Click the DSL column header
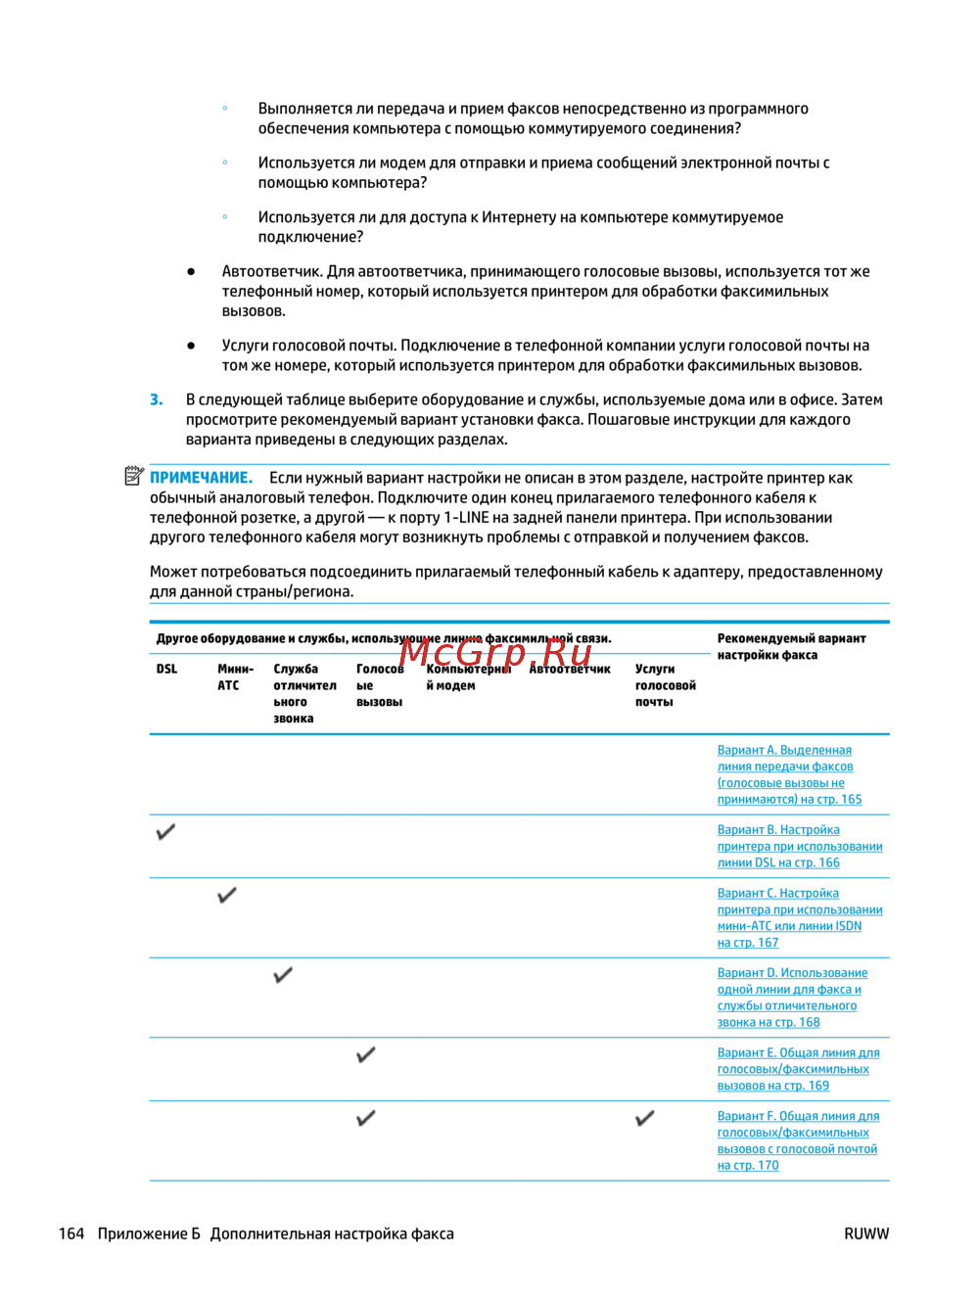click(166, 670)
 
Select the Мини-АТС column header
click(235, 677)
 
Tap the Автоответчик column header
click(571, 670)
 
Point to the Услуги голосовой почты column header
click(665, 685)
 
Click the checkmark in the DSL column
click(166, 832)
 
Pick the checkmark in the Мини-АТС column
click(227, 895)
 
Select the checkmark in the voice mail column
click(645, 1118)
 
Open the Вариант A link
click(789, 774)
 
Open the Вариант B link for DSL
click(799, 846)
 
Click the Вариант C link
click(799, 917)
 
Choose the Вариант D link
click(792, 997)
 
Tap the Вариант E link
click(798, 1069)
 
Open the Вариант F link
click(798, 1140)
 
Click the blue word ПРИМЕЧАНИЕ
click(201, 478)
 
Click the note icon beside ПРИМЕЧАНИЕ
click(134, 477)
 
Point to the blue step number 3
click(157, 399)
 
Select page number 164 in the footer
click(71, 1233)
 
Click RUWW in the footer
click(866, 1233)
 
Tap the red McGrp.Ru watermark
click(495, 651)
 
